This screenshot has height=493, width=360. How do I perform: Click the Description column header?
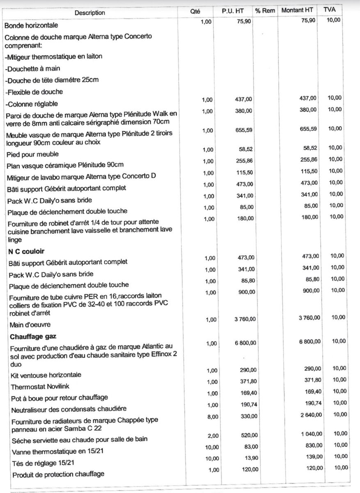[x=90, y=13]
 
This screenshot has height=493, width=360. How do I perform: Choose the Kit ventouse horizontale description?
[x=46, y=375]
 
